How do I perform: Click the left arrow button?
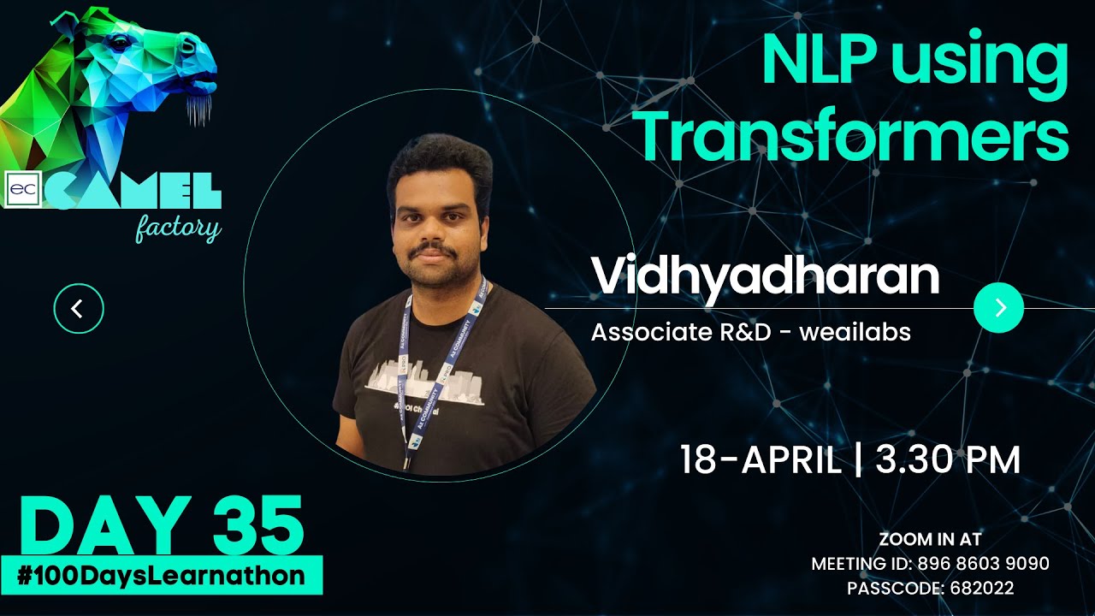click(x=78, y=308)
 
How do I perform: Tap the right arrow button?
click(x=998, y=308)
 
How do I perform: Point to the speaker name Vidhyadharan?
click(x=765, y=276)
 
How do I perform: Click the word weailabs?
click(x=855, y=332)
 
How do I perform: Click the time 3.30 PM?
click(x=948, y=460)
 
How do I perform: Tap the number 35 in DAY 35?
click(x=258, y=526)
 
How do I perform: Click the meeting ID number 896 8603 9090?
click(x=984, y=564)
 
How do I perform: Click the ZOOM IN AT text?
click(x=930, y=539)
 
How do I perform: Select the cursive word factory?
click(x=178, y=228)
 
